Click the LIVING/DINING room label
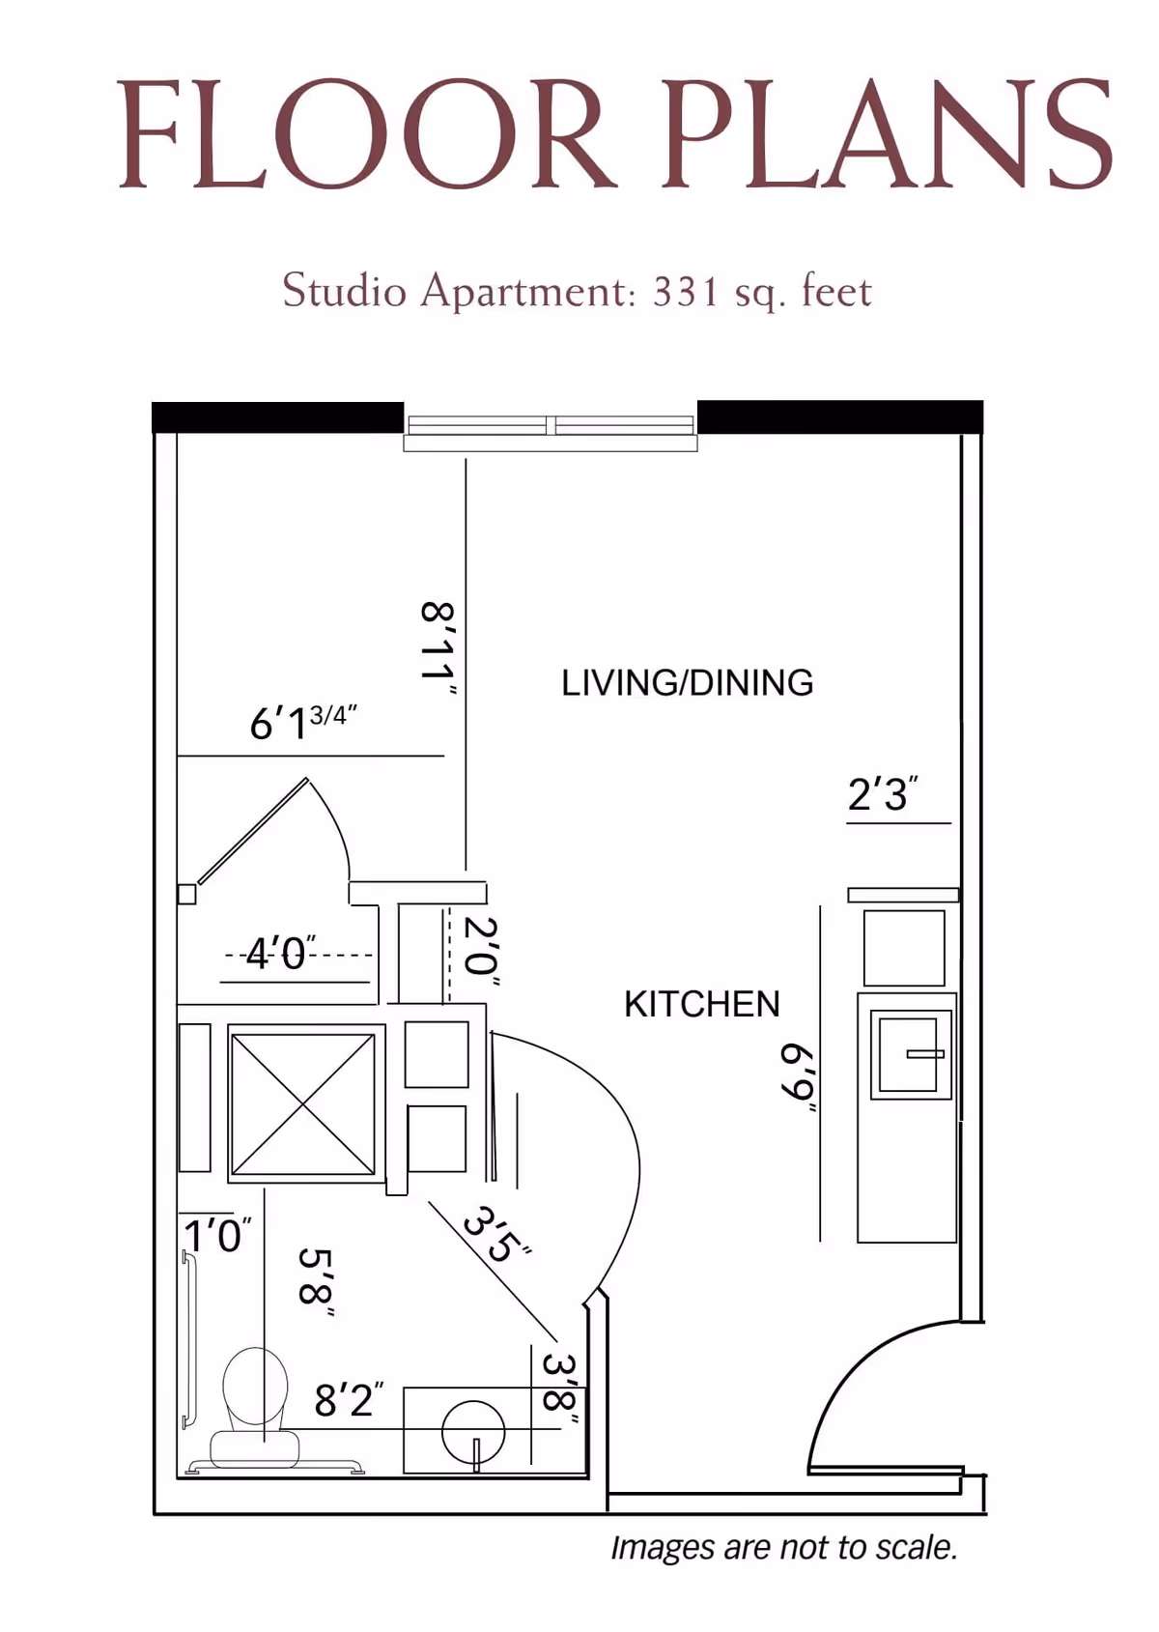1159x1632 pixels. tap(687, 683)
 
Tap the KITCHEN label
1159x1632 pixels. tap(701, 1004)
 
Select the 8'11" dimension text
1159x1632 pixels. tap(438, 649)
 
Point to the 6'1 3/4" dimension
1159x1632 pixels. tap(303, 722)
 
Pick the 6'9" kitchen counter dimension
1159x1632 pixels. tap(799, 1077)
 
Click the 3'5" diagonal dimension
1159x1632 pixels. tap(496, 1233)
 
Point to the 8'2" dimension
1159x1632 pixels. tap(349, 1398)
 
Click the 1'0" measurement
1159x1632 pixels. tap(217, 1235)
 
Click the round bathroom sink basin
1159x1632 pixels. tap(473, 1432)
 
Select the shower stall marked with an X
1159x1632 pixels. tap(303, 1103)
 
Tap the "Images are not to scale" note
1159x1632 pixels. tap(784, 1547)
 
